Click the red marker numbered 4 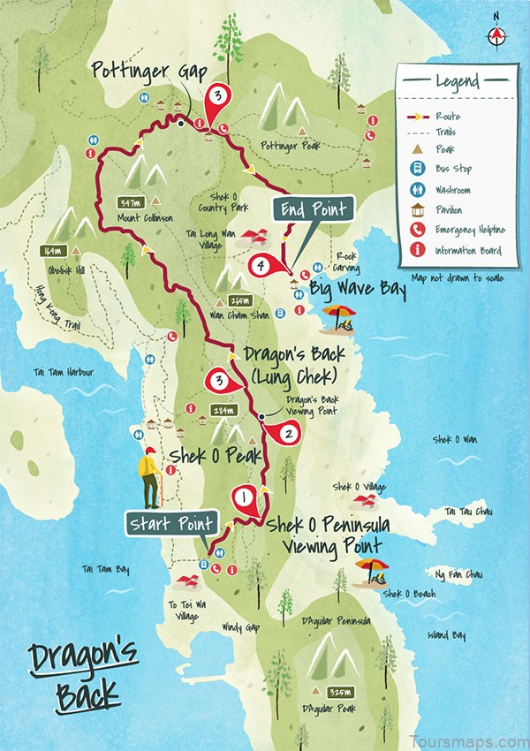point(261,264)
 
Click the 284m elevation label point(224,411)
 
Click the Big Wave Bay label point(358,289)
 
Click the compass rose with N point(496,34)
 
